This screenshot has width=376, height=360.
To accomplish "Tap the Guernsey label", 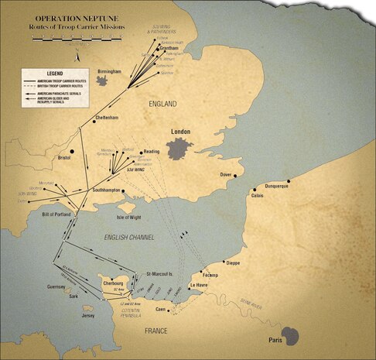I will click(x=58, y=286).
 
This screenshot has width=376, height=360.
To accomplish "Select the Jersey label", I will click(x=89, y=316).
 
